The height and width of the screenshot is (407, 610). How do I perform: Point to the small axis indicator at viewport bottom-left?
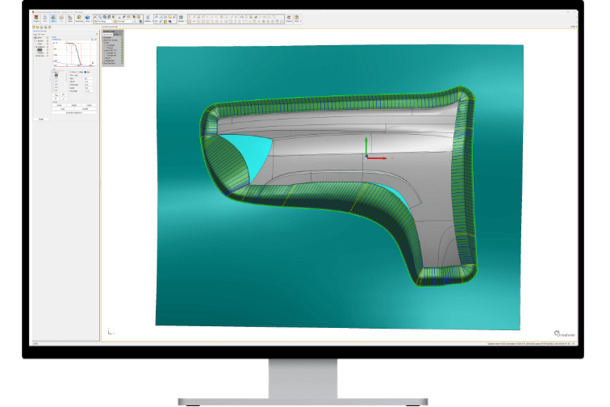pos(110,330)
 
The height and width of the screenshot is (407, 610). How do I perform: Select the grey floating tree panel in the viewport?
pos(113,48)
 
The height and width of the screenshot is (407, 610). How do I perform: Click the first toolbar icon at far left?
pos(36,18)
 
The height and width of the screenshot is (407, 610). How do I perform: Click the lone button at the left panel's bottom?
pos(41,119)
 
